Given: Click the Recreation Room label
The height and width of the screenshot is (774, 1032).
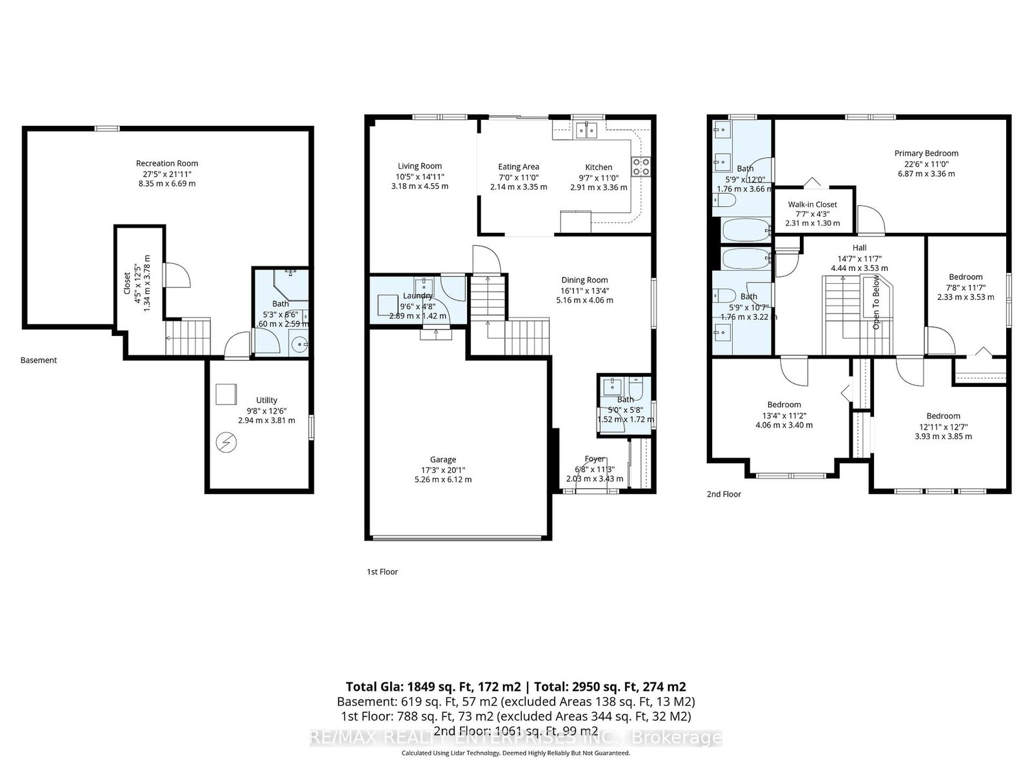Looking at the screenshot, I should [167, 163].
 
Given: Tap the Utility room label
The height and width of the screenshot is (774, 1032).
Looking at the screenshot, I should [266, 400].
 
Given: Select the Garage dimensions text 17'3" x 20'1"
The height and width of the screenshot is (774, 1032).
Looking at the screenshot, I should [443, 470].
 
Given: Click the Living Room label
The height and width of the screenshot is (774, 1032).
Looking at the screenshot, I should [419, 166].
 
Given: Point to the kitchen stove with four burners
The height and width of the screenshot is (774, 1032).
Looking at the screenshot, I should [640, 167].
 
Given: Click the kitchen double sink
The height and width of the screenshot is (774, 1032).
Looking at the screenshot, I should [587, 131].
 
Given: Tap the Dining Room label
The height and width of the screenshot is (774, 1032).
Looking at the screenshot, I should [584, 280].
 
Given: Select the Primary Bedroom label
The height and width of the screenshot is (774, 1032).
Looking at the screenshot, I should [926, 154].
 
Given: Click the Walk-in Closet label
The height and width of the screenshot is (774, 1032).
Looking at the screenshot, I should [812, 204].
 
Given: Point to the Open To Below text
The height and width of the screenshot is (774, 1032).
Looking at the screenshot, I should [876, 303].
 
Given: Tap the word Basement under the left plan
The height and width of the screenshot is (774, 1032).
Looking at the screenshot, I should [39, 361].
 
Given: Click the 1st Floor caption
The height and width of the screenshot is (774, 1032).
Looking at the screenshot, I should [382, 571].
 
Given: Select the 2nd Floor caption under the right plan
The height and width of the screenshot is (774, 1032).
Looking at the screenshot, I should [724, 494].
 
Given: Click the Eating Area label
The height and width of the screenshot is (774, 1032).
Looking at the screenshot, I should [518, 167].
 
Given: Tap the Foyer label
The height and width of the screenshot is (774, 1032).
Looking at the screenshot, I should [595, 459].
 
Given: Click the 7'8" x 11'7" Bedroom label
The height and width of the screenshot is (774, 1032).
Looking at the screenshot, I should [965, 277].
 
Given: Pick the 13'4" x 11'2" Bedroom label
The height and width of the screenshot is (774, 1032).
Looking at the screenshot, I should [784, 405].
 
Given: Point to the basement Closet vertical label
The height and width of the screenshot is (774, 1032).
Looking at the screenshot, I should [127, 283].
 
